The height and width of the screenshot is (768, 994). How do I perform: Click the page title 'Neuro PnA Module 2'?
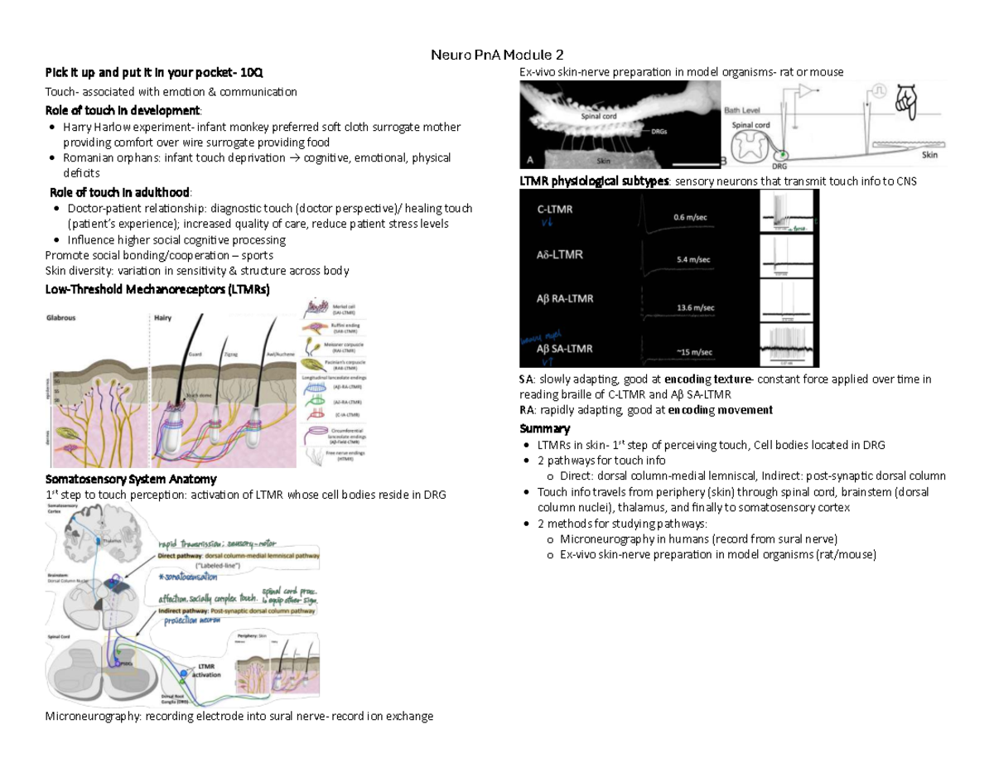[x=497, y=56]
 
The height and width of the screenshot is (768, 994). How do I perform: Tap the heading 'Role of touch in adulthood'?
[x=124, y=191]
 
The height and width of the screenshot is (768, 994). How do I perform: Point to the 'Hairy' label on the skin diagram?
[x=163, y=317]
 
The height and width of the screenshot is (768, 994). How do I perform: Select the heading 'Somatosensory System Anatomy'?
[x=131, y=479]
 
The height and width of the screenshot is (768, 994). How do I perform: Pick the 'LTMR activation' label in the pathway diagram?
[x=208, y=669]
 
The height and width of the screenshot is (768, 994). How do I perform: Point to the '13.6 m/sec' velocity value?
[x=696, y=307]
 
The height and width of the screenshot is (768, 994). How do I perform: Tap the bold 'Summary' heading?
[x=544, y=428]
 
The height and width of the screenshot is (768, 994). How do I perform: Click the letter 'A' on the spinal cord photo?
[x=530, y=157]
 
